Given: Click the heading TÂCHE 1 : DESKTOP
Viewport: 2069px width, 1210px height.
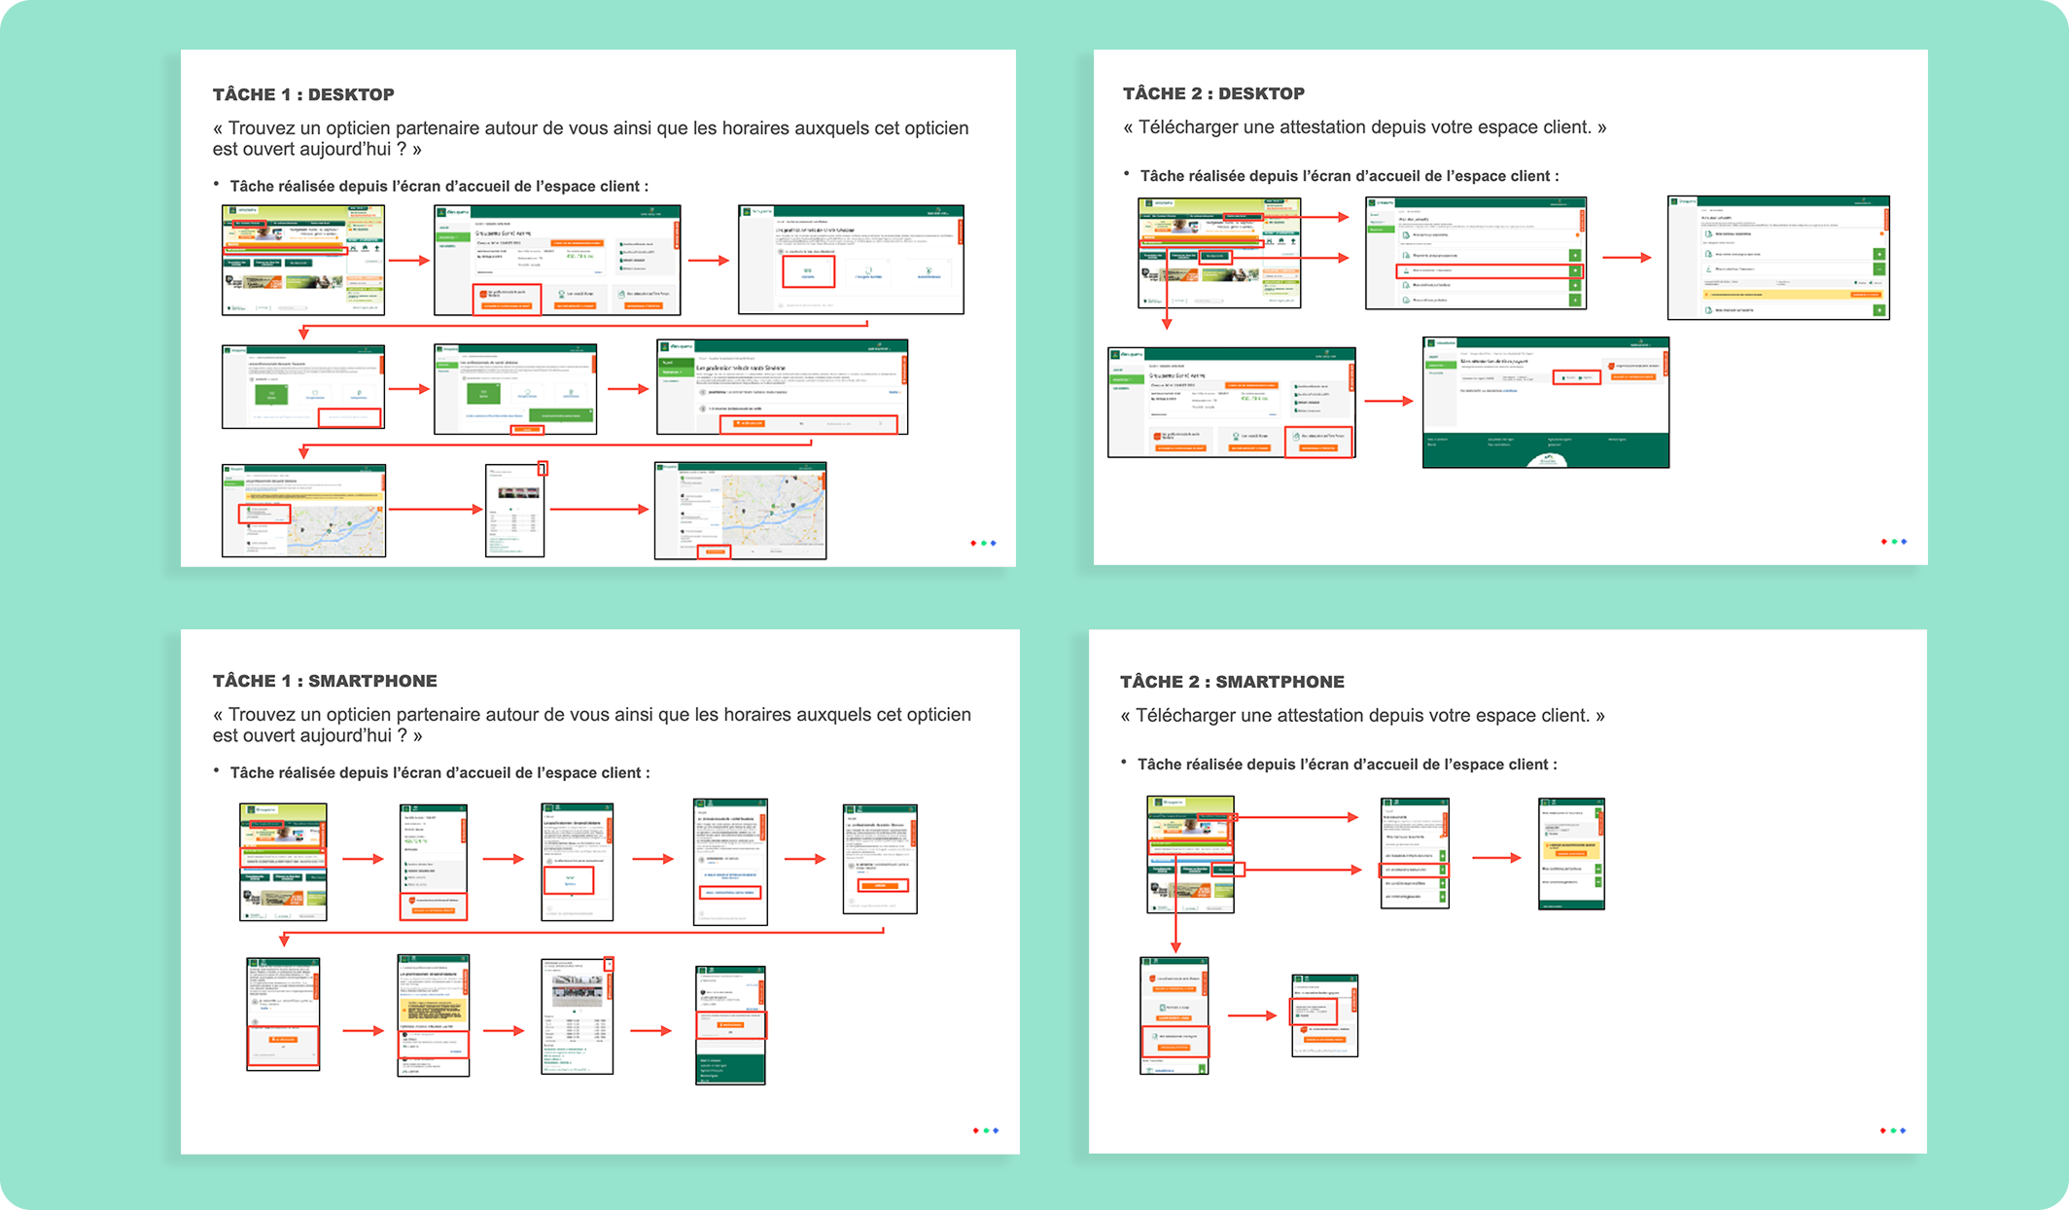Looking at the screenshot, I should (303, 94).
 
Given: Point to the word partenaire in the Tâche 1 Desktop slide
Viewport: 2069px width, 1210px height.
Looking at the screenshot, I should (438, 128).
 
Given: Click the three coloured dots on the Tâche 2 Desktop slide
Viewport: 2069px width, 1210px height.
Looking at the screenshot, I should (1893, 542).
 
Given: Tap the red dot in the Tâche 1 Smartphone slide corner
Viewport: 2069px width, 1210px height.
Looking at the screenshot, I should (975, 1130).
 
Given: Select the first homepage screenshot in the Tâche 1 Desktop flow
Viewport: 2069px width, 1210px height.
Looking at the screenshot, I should (303, 260).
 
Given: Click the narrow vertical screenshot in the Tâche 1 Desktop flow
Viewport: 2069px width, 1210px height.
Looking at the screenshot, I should (515, 511).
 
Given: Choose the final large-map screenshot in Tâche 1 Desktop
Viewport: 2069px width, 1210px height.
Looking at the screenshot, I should (740, 511).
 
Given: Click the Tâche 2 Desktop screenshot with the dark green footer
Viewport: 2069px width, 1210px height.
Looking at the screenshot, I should (1545, 403).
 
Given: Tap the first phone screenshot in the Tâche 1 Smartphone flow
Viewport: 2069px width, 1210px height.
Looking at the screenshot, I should (283, 862).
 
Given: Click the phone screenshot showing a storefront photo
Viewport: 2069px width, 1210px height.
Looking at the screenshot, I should (577, 1016).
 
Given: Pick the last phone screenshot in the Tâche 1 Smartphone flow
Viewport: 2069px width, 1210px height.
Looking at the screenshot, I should (730, 1025).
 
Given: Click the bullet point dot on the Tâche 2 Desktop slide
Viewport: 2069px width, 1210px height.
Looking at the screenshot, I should (1127, 174).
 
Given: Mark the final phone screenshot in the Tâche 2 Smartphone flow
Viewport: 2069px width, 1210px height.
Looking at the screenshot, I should (1324, 1015).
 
